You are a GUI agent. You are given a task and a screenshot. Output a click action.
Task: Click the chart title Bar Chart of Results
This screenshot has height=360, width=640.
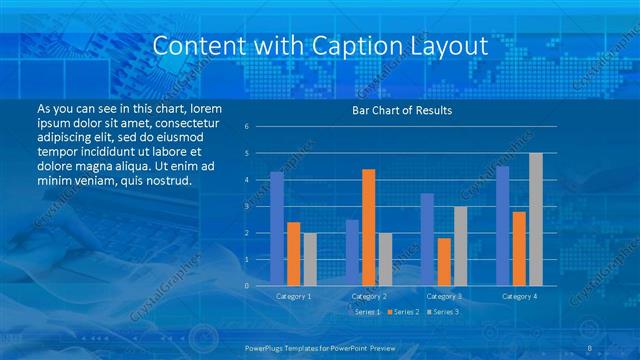tap(401, 110)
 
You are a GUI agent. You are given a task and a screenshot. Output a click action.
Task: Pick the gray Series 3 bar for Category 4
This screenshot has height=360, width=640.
tap(536, 219)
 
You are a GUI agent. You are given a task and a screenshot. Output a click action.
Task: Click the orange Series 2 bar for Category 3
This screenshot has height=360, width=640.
tap(444, 262)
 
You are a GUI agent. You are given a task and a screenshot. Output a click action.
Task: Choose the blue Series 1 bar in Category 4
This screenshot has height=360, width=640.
tap(503, 226)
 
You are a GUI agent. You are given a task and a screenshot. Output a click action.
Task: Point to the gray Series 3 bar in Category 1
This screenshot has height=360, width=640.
tap(310, 259)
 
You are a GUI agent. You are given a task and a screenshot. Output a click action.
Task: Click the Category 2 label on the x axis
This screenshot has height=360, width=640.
tap(368, 296)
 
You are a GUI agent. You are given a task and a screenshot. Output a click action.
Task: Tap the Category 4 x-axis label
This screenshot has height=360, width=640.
tap(519, 296)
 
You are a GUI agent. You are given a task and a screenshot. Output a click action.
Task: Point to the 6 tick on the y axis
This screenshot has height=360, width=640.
tap(246, 127)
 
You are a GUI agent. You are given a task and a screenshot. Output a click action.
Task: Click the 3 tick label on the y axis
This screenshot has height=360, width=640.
tap(246, 206)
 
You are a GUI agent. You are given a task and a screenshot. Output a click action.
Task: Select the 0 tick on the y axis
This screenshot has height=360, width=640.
tap(246, 286)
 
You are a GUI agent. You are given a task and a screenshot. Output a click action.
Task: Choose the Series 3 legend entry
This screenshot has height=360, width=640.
tap(443, 313)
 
